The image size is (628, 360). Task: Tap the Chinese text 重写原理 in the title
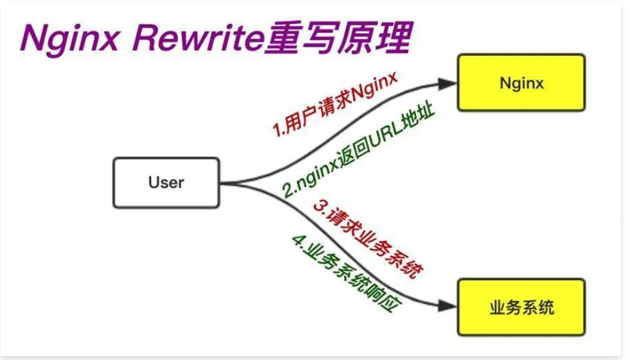(338, 39)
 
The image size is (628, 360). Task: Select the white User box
(166, 182)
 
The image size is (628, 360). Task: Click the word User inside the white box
(166, 182)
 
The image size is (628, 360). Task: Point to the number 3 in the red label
(319, 206)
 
